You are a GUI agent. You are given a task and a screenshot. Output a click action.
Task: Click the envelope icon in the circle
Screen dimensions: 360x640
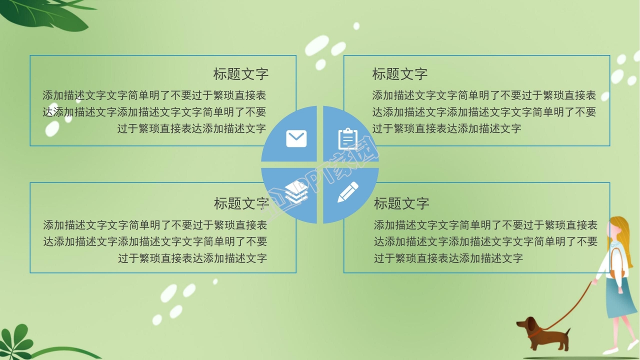296,138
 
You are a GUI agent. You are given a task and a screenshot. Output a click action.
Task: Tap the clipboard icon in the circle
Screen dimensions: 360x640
347,138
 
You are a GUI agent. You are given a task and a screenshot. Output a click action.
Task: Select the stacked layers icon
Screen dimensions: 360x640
296,192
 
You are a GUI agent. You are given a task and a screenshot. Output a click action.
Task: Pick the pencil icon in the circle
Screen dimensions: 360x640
348,192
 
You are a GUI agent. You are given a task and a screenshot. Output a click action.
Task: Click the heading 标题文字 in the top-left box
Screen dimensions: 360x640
241,74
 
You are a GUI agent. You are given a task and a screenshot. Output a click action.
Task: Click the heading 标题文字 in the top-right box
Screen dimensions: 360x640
399,74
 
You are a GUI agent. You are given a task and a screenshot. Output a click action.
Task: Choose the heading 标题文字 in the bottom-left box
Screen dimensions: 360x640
241,203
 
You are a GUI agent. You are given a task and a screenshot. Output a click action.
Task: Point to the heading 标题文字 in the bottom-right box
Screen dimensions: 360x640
401,203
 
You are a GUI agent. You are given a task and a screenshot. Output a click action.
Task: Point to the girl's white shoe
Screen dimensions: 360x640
633,345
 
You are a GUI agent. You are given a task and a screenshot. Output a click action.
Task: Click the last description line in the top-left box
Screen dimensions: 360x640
191,128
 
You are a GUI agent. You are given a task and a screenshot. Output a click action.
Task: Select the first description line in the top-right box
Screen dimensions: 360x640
483,95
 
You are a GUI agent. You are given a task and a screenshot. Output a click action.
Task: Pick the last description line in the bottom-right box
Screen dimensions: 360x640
448,258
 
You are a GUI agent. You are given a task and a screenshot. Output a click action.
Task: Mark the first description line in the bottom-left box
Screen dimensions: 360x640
155,225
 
